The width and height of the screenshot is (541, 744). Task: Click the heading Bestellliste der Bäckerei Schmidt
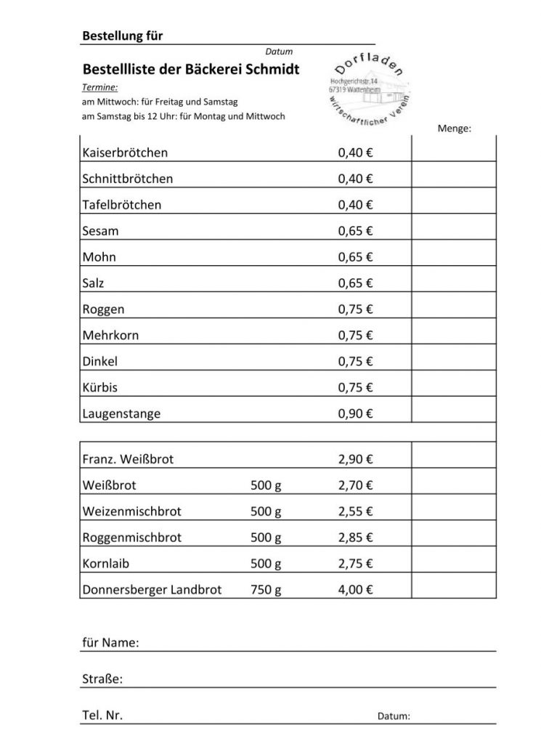(x=191, y=70)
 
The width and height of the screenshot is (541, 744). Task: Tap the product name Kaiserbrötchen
(x=125, y=153)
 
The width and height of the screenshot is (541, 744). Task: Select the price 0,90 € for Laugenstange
(x=355, y=414)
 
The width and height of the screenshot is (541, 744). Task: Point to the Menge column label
(x=455, y=129)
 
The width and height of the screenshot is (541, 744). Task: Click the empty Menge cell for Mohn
(x=454, y=257)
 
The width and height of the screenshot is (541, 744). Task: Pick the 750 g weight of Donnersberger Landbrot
(x=266, y=590)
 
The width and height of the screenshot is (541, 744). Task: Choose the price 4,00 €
(x=355, y=590)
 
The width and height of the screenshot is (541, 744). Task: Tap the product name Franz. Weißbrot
(x=128, y=459)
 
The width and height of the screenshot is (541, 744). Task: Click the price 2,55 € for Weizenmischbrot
(x=355, y=511)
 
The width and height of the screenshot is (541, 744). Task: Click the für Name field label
(x=110, y=643)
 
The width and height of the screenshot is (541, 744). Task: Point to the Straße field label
(x=102, y=679)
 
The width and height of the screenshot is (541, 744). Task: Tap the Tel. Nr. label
(x=102, y=716)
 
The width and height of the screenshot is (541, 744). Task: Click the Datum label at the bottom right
(x=394, y=716)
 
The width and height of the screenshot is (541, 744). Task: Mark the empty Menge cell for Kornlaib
(x=454, y=564)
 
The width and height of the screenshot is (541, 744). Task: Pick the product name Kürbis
(x=100, y=388)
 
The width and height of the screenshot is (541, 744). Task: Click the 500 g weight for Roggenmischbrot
(x=266, y=538)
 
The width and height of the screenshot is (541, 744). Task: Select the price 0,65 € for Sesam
(x=355, y=231)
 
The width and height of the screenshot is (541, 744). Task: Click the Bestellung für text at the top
(x=123, y=36)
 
